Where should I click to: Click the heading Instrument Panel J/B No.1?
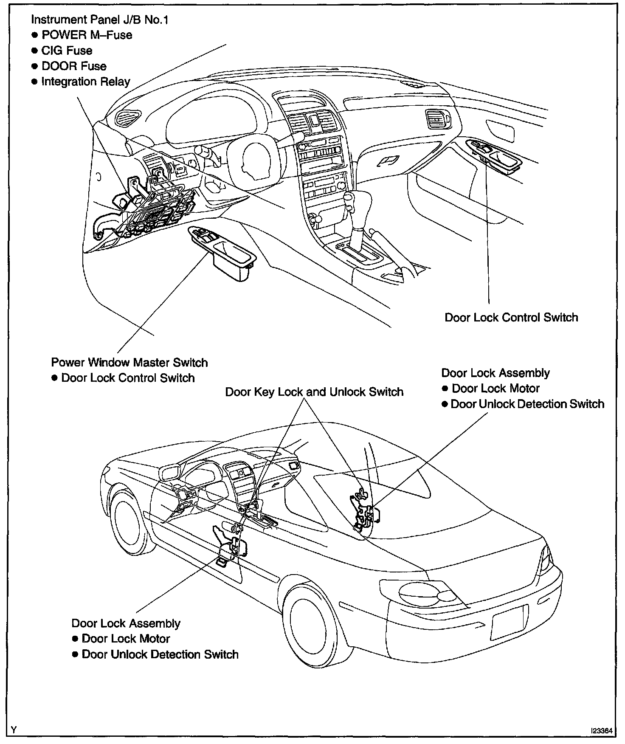(x=100, y=20)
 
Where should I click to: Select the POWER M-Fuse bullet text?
(x=87, y=35)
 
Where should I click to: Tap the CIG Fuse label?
(x=67, y=51)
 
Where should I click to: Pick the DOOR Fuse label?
(x=74, y=66)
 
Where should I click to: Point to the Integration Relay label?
(x=85, y=82)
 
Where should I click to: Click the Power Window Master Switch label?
(x=130, y=362)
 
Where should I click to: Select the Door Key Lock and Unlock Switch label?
(x=314, y=392)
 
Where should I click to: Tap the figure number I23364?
(x=602, y=731)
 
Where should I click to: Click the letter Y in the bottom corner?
(x=14, y=730)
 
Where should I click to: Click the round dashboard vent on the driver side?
(x=127, y=117)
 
